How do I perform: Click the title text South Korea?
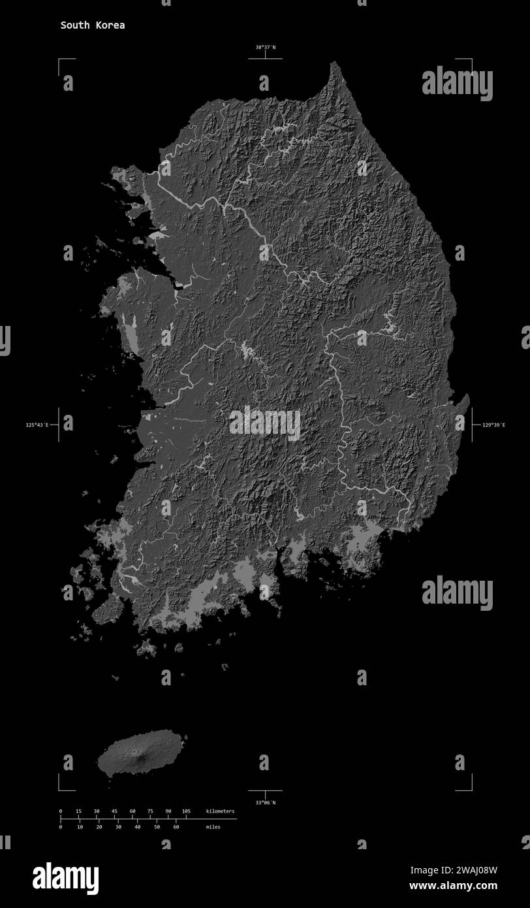pyautogui.click(x=93, y=25)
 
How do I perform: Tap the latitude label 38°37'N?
pyautogui.click(x=265, y=47)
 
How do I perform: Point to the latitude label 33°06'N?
pyautogui.click(x=265, y=802)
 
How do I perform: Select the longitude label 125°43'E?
pyautogui.click(x=37, y=425)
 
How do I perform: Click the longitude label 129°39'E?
pyautogui.click(x=493, y=425)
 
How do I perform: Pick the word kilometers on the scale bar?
pyautogui.click(x=220, y=811)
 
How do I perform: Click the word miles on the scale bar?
pyautogui.click(x=213, y=827)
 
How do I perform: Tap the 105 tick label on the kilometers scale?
pyautogui.click(x=186, y=811)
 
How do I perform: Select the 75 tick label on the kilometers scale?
pyautogui.click(x=150, y=811)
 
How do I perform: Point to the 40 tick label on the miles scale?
pyautogui.click(x=137, y=827)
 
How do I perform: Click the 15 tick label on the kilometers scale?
pyautogui.click(x=78, y=811)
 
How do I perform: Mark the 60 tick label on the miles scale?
pyautogui.click(x=176, y=827)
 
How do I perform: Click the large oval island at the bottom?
pyautogui.click(x=140, y=752)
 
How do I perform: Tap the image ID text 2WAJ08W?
pyautogui.click(x=472, y=869)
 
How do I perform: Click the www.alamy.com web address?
pyautogui.click(x=453, y=886)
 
